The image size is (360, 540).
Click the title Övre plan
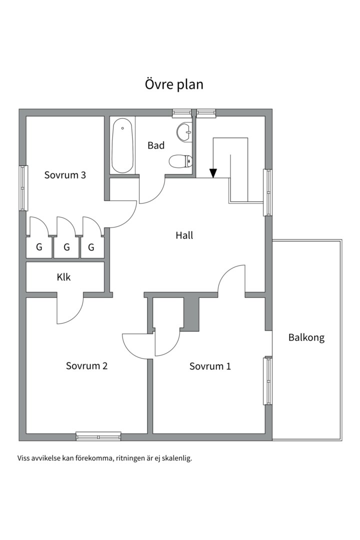(174, 84)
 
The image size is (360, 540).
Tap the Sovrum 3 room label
(65, 175)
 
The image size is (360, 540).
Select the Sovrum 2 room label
(87, 365)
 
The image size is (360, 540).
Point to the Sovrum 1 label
(210, 366)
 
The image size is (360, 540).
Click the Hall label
(184, 235)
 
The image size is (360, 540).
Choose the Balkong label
(306, 337)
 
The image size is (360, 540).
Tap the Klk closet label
(63, 277)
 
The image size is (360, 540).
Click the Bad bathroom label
(156, 145)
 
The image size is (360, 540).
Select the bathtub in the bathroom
(122, 145)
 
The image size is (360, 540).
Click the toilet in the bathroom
(180, 161)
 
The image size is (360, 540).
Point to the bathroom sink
(184, 132)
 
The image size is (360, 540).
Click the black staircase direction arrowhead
(213, 173)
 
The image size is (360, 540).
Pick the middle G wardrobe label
(67, 247)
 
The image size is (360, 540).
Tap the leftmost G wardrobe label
(39, 247)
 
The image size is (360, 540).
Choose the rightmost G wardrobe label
(91, 247)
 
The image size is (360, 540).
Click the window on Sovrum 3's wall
(23, 188)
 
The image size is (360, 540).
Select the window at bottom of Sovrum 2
(98, 436)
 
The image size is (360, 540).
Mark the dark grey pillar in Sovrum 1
(191, 313)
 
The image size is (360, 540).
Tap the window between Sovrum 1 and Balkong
(267, 380)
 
